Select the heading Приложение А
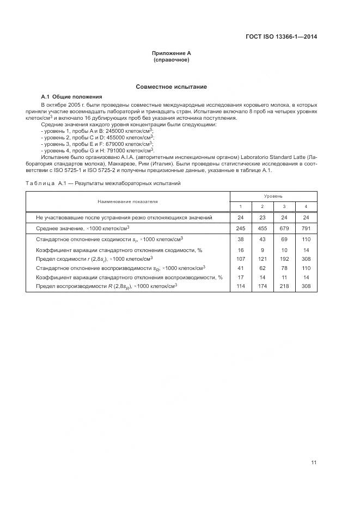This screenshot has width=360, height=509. pyautogui.click(x=172, y=53)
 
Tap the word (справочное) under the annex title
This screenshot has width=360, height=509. pyautogui.click(x=172, y=60)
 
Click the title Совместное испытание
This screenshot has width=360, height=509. pyautogui.click(x=172, y=87)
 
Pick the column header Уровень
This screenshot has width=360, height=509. pyautogui.click(x=273, y=195)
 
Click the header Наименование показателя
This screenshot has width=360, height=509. pyautogui.click(x=127, y=201)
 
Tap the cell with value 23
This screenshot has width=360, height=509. pyautogui.click(x=262, y=217)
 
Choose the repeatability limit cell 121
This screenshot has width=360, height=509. pyautogui.click(x=262, y=259)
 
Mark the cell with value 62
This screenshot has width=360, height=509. pyautogui.click(x=262, y=268)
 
